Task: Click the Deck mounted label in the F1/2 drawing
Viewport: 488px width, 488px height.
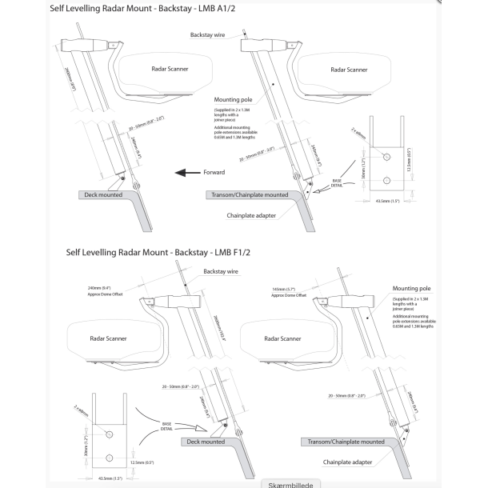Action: coord(206,442)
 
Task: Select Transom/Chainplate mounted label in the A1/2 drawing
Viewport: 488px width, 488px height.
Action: coord(248,194)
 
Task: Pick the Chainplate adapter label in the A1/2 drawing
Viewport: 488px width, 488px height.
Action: coord(258,214)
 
